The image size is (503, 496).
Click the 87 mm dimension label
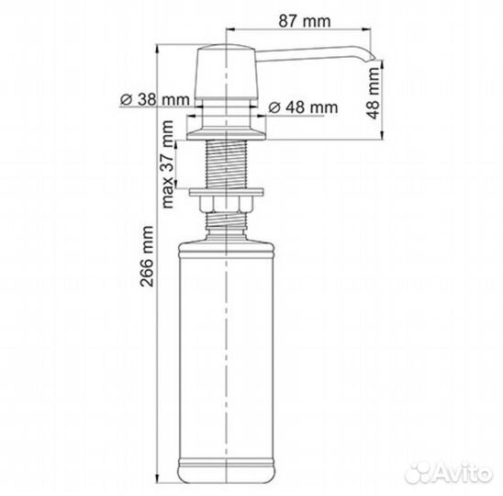(304, 21)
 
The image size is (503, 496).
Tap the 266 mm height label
(147, 256)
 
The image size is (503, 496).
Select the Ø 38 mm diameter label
(155, 100)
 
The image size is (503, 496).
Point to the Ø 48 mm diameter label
(303, 107)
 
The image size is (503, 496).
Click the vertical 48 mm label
(373, 93)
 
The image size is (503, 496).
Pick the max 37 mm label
(167, 164)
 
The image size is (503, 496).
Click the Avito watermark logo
(449, 473)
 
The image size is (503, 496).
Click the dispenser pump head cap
(227, 72)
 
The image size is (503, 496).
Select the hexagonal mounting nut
(227, 204)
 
